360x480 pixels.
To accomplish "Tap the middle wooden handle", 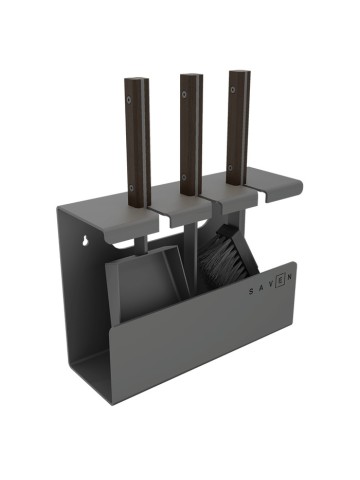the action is [x=191, y=134].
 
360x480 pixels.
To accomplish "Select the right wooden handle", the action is [x=239, y=127].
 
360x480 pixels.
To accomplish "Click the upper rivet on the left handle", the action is [x=129, y=99].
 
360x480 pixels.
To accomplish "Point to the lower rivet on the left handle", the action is [x=132, y=188].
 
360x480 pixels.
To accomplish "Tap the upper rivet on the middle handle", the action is [x=184, y=94].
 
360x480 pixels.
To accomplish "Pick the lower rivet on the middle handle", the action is [x=184, y=177].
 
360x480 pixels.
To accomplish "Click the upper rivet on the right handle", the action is [x=233, y=89].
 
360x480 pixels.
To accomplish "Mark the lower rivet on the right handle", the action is [x=231, y=167].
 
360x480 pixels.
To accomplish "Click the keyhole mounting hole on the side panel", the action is [x=85, y=241].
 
